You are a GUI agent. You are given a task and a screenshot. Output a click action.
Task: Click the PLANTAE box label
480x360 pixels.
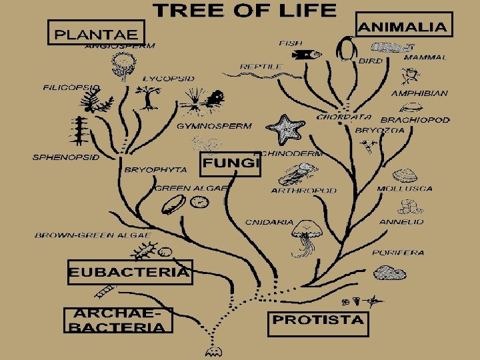point(95,32)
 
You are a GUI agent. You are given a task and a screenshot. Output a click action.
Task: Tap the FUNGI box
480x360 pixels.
point(230,163)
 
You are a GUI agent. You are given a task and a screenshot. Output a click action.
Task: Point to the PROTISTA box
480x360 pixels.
point(319,320)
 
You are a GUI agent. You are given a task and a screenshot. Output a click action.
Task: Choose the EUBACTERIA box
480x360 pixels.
point(130,272)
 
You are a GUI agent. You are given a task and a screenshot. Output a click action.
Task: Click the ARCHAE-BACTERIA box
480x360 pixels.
point(118,320)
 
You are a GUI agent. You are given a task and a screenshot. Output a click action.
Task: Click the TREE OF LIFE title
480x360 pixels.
point(245,10)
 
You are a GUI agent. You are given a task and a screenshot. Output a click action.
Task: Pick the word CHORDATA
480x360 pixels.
point(344,117)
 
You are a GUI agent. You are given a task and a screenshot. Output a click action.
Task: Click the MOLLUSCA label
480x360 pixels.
point(405,189)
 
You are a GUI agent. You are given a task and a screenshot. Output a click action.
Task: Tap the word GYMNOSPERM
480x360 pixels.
point(214,125)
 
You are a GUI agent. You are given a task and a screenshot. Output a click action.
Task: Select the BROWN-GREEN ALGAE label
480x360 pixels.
point(93,235)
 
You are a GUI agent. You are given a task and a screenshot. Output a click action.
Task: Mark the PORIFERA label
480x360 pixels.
point(398,253)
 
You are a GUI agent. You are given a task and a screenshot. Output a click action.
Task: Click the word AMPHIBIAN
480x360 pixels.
point(419,93)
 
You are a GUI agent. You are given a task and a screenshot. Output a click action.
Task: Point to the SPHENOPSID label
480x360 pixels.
point(67,158)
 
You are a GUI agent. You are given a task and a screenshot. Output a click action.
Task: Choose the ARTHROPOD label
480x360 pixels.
point(304,191)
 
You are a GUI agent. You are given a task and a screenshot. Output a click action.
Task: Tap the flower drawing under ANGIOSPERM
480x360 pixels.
point(123,65)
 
